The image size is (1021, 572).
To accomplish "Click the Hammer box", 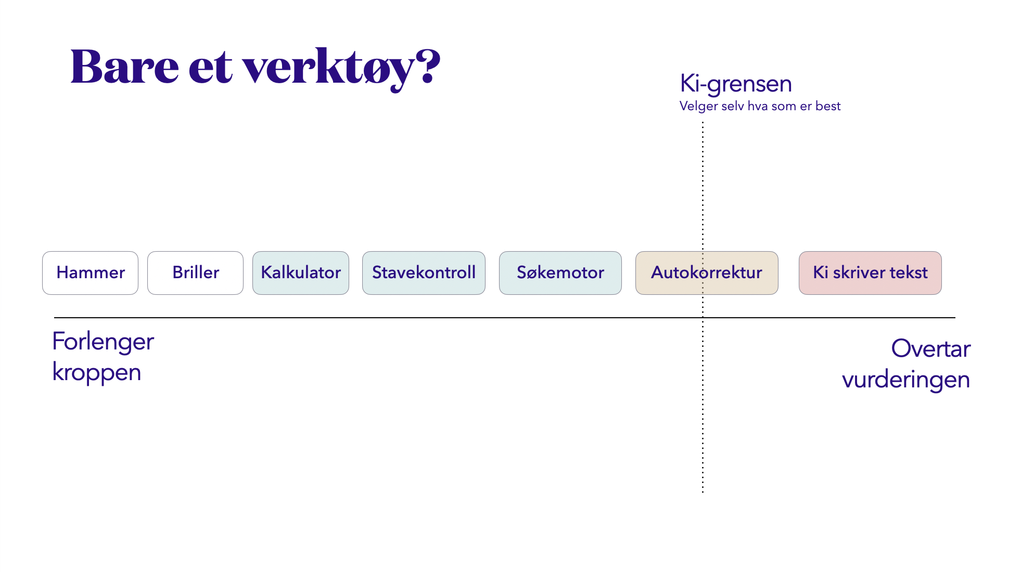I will click(91, 273).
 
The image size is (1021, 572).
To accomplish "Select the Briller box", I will click(196, 273).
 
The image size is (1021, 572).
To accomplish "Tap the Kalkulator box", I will click(301, 273).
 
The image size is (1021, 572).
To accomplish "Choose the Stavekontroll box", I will click(424, 273).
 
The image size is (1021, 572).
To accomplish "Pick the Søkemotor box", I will click(560, 273).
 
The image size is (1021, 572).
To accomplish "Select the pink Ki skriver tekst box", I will click(870, 273).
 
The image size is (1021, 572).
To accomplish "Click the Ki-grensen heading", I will click(736, 84).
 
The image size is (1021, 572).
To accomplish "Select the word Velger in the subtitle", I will click(698, 106).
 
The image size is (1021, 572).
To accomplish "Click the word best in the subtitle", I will click(828, 106).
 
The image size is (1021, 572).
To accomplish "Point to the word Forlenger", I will click(103, 342).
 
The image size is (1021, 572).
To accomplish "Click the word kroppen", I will click(97, 373).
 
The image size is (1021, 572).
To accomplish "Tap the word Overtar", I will click(930, 348).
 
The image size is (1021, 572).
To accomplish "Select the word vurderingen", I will click(906, 380).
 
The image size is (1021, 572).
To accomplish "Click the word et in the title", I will click(210, 68).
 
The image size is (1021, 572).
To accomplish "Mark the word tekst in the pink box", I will click(908, 272).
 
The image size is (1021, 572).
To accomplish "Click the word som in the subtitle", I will click(784, 106).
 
